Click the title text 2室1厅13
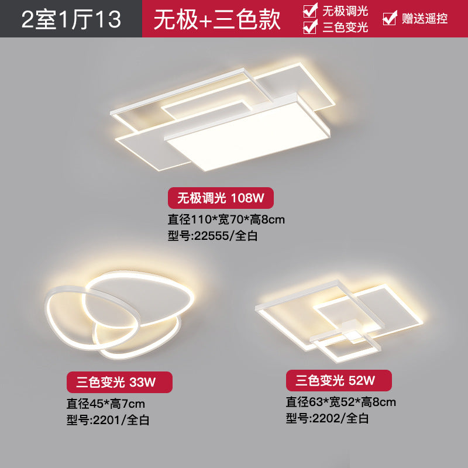click(x=71, y=19)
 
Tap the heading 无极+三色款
click(x=217, y=19)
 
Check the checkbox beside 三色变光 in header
click(x=311, y=26)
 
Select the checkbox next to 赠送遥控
click(x=389, y=18)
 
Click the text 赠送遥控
click(x=425, y=18)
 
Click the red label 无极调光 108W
click(x=221, y=198)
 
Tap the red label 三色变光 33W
click(x=119, y=383)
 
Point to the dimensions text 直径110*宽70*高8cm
click(x=226, y=220)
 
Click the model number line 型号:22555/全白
click(x=213, y=236)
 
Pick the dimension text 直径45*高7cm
click(x=106, y=404)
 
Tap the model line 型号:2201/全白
click(x=108, y=420)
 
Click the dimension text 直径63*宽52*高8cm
click(x=341, y=402)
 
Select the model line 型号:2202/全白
click(x=327, y=418)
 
